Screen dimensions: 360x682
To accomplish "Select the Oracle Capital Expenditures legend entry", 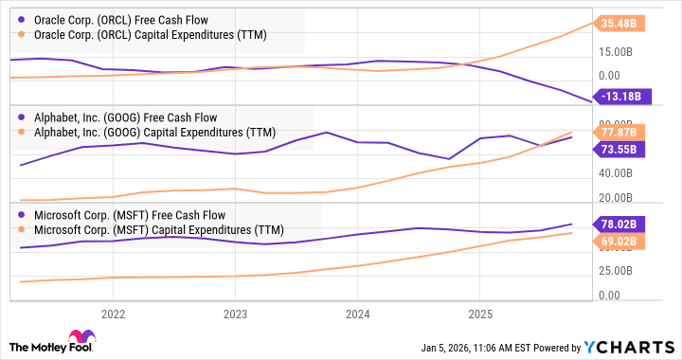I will [x=150, y=34].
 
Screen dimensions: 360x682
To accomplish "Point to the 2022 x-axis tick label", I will [x=113, y=314].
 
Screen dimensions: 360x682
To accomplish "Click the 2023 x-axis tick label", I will [x=235, y=314].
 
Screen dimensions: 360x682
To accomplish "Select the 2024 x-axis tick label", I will [x=357, y=314].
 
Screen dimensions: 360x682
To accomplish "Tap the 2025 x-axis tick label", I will [x=480, y=314].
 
